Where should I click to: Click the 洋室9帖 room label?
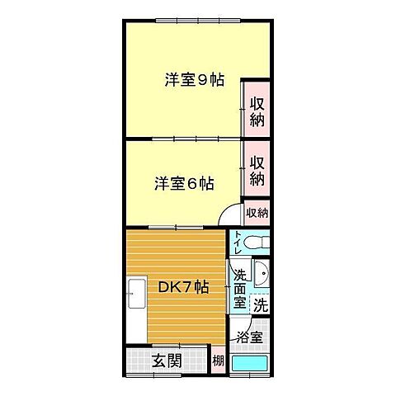click(x=195, y=80)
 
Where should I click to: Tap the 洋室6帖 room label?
click(x=184, y=183)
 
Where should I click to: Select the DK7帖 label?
click(x=182, y=288)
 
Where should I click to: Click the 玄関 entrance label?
click(x=167, y=360)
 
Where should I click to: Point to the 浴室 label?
click(x=250, y=337)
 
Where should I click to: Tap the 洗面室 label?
click(x=239, y=289)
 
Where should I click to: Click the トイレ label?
click(x=238, y=245)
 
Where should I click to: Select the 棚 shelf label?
click(x=218, y=361)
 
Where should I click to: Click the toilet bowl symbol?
click(x=258, y=244)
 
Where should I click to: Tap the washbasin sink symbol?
click(x=261, y=275)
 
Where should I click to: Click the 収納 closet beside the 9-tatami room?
click(x=257, y=111)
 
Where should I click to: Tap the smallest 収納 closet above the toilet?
click(x=257, y=212)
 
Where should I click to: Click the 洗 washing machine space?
click(x=260, y=304)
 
